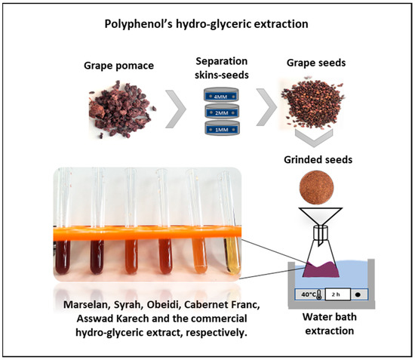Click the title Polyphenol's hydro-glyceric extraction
208,24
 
